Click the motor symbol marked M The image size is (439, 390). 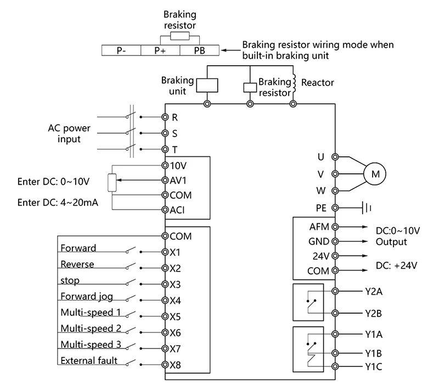(376, 174)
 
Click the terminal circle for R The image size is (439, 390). (165, 117)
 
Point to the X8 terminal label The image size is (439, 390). (176, 365)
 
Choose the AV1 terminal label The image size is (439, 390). (179, 180)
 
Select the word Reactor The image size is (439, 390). (318, 83)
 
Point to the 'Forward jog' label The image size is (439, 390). (86, 297)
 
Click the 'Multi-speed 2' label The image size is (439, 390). (90, 329)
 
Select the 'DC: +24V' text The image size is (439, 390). (397, 265)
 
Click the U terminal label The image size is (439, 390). (321, 157)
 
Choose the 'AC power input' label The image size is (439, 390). (69, 134)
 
